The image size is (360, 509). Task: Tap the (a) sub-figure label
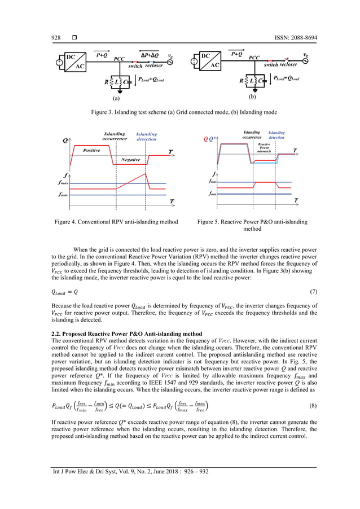pyautogui.click(x=116, y=98)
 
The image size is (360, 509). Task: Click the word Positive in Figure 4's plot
pyautogui.click(x=91, y=151)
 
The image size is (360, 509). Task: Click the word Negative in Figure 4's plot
pyautogui.click(x=130, y=160)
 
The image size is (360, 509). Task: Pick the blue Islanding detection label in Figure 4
pyautogui.click(x=146, y=136)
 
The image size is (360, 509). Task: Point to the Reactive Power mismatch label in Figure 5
pyautogui.click(x=264, y=147)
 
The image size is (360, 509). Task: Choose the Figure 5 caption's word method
pyautogui.click(x=252, y=229)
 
